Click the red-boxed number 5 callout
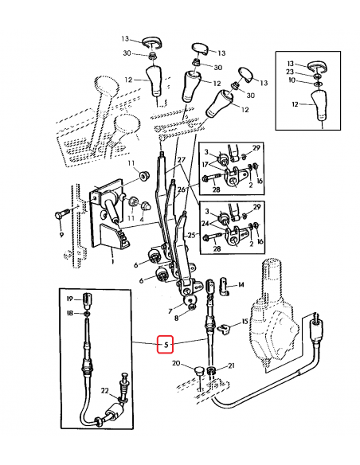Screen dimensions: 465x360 tap(166, 345)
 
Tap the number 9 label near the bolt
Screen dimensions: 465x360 tap(61, 235)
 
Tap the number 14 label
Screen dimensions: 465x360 tap(241, 284)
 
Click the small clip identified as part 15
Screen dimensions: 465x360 tap(226, 326)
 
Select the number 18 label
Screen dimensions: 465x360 tap(69, 315)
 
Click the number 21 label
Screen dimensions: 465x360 tap(232, 366)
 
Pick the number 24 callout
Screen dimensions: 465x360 tap(205, 225)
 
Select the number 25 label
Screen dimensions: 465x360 tap(191, 236)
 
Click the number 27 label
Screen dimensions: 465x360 tap(182, 160)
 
